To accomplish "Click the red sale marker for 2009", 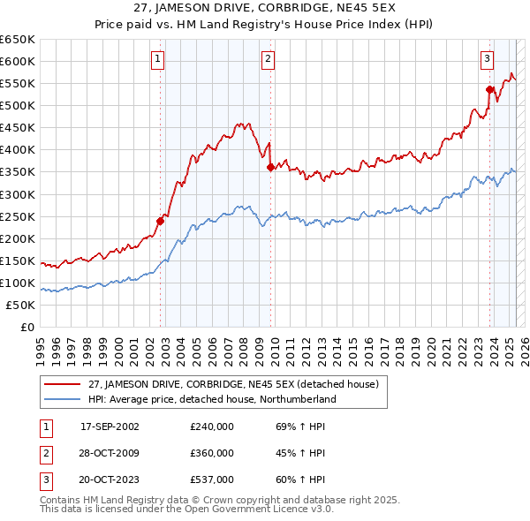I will pos(271,166).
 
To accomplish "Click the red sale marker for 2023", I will pos(489,88).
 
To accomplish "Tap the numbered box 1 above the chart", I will pos(157,59).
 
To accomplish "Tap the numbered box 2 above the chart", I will pos(268,59).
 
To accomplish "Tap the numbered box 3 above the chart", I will pos(487,59).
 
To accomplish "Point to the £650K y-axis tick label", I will pos(18,40).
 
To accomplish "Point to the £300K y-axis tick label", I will pos(18,194).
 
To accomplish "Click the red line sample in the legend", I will pos(63,384).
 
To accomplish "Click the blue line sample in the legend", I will pos(63,399).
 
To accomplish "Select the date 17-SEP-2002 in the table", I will pos(110,427).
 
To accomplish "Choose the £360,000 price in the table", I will pos(212,453).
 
